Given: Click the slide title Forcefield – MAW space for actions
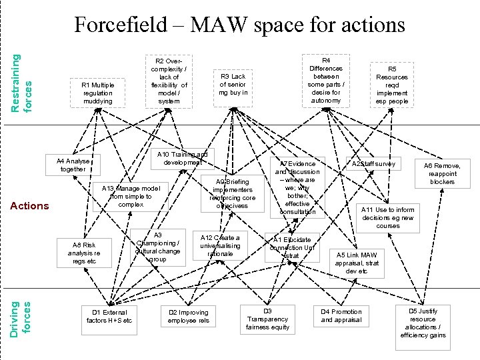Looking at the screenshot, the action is [239, 25].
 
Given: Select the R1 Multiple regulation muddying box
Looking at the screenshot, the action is [97, 93].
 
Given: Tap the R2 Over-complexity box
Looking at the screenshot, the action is [169, 81].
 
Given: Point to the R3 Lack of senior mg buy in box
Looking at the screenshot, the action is [233, 85].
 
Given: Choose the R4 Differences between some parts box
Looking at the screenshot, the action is [325, 81].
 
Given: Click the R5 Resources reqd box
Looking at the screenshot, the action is [392, 85].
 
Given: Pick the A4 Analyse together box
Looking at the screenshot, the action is [73, 165].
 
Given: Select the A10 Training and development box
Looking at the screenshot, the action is [182, 159].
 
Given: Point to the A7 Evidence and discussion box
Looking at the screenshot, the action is [297, 187].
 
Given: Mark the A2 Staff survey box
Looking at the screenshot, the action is [373, 163].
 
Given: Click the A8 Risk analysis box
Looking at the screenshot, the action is [84, 253].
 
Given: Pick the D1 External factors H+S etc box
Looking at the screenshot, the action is [109, 316].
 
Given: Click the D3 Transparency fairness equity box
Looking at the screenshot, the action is [267, 319].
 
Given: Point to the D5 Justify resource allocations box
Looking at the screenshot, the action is [423, 323].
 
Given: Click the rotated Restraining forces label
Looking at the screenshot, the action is [24, 73].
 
